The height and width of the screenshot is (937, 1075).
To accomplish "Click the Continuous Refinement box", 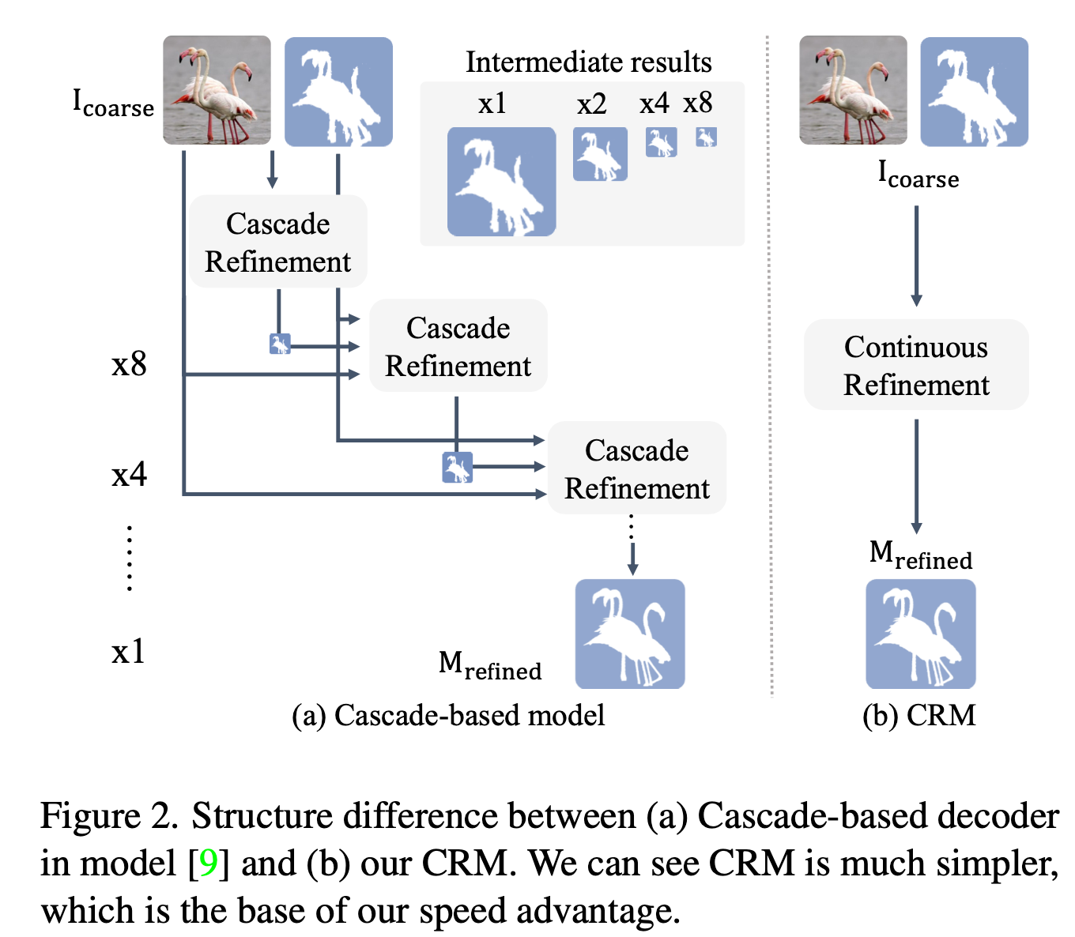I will (916, 365).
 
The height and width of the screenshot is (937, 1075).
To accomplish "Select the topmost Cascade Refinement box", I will (277, 242).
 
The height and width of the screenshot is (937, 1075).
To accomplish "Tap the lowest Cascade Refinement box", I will (636, 468).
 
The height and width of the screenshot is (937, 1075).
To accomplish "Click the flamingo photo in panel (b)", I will (853, 90).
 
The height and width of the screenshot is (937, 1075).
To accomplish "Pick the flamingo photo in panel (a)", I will (217, 90).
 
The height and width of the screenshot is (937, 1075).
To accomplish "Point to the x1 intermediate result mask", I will (501, 182).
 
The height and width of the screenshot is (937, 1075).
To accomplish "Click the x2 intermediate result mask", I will (600, 154).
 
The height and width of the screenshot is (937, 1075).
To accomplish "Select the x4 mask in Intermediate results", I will (661, 143).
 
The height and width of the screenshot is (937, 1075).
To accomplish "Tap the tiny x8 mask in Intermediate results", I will (706, 137).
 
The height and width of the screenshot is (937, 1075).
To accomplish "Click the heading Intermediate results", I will (588, 62).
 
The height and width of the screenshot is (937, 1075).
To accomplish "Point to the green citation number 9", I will (209, 863).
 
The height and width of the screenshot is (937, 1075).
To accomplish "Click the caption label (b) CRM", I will (918, 715).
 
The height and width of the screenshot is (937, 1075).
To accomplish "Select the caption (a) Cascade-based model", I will (448, 715).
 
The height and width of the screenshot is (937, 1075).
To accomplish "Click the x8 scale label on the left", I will (129, 364).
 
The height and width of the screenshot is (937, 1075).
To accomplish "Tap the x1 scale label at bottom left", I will (128, 652).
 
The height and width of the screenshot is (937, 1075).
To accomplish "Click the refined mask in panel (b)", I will (920, 634).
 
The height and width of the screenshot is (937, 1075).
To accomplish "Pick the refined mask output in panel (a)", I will (629, 634).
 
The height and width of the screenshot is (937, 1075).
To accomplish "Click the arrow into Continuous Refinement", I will (916, 256).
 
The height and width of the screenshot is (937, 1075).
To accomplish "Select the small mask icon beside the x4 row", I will (457, 468).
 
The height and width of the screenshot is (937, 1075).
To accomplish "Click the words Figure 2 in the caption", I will (109, 815).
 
